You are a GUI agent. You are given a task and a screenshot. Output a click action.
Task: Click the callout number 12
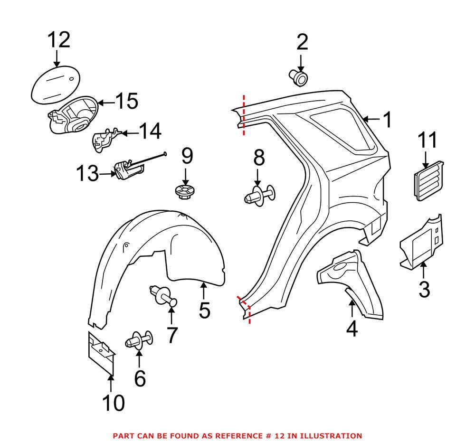point(58,40)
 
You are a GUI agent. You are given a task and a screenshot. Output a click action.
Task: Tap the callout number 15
point(126,101)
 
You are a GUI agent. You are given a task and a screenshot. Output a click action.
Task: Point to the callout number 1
point(388,120)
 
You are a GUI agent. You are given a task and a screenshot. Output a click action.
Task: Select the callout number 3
point(424,289)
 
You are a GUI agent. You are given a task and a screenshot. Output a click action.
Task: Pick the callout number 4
point(351,328)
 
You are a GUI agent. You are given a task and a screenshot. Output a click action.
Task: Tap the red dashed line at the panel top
point(244,114)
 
